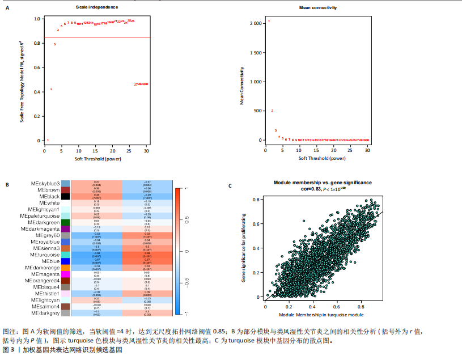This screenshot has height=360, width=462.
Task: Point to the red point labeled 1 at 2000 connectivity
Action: click(269, 22)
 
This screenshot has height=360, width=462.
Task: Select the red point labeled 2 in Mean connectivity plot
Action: click(272, 111)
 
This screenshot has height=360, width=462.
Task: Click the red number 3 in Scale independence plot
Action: click(54, 44)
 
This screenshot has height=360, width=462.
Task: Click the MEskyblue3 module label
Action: click(45, 184)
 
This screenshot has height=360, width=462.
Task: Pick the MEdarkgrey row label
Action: click(46, 312)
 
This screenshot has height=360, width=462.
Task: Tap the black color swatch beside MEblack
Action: click(66, 197)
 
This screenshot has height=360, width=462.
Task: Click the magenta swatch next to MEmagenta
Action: click(66, 274)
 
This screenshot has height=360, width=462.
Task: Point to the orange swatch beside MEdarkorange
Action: click(66, 268)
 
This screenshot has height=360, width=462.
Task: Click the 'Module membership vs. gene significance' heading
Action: click(323, 183)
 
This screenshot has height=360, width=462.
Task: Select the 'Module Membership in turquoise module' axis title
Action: click(321, 314)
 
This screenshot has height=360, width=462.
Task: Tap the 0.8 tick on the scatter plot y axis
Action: click(258, 200)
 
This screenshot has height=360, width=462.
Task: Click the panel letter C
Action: click(230, 185)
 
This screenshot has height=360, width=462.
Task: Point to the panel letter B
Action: click(7, 184)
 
